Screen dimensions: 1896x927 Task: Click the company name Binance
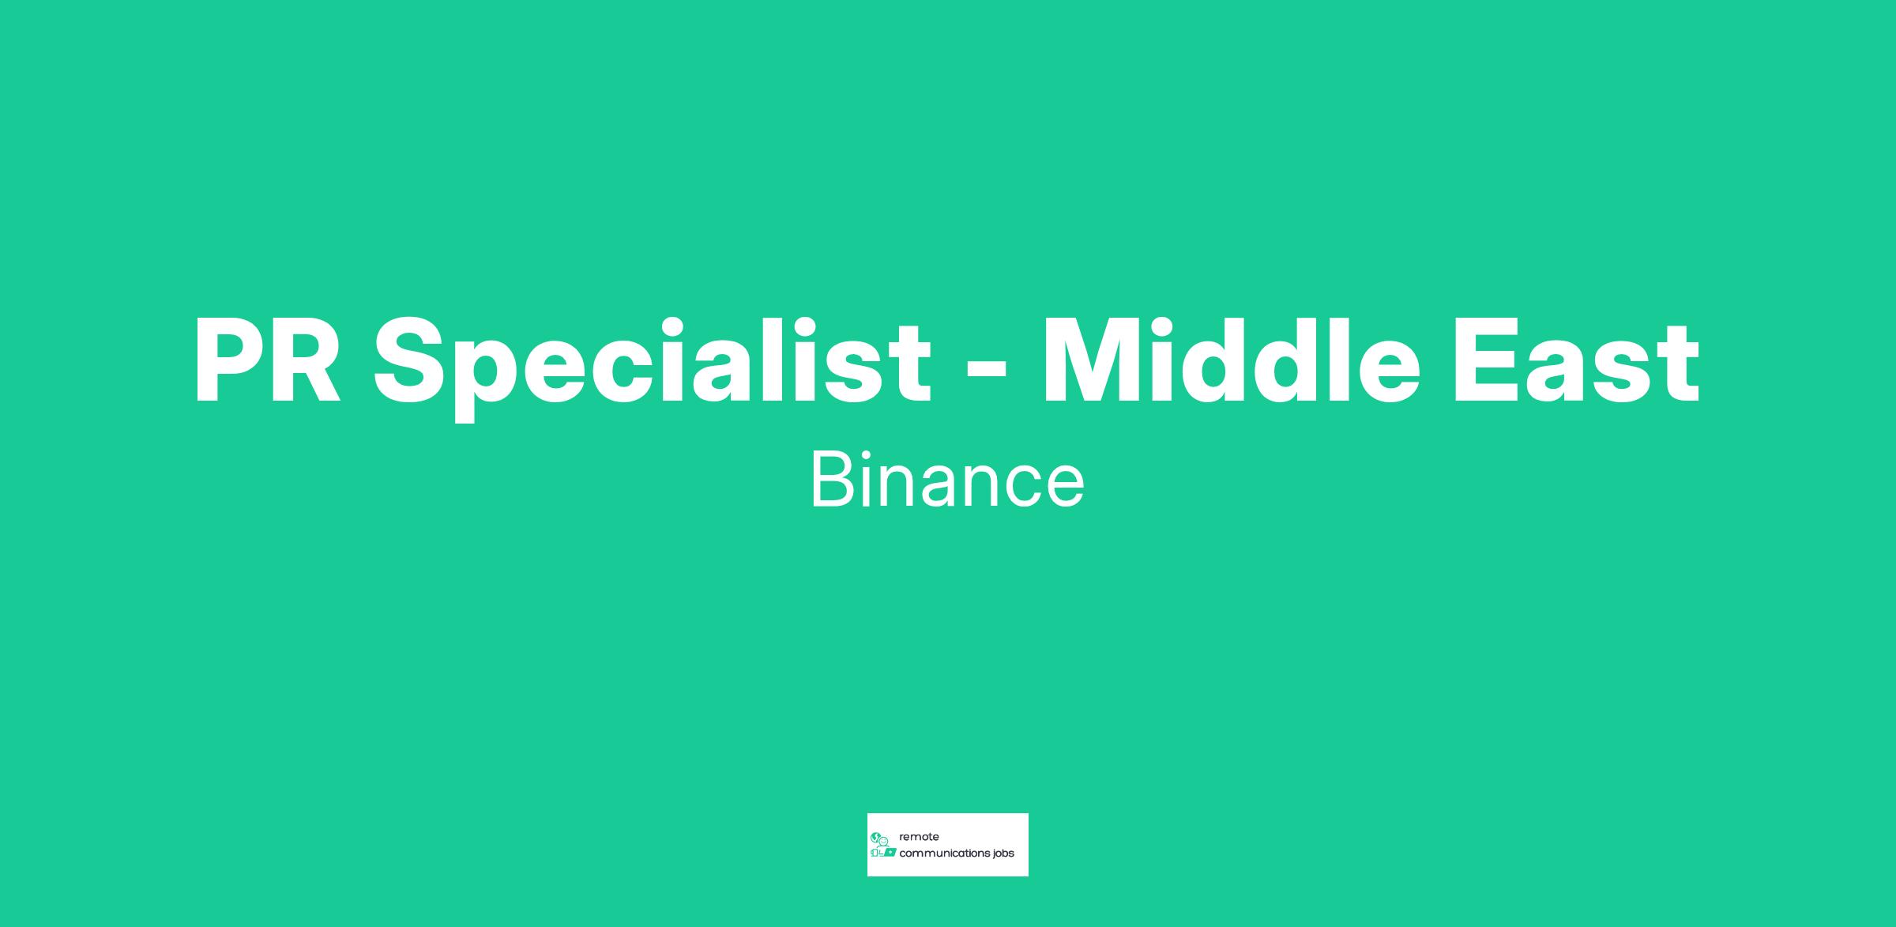(947, 480)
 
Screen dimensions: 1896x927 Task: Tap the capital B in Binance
(832, 480)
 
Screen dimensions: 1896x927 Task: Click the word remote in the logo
(919, 837)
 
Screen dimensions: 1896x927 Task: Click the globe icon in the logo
(875, 837)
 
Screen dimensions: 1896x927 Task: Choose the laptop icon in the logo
(890, 853)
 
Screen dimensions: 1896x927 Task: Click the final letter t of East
(1681, 365)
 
